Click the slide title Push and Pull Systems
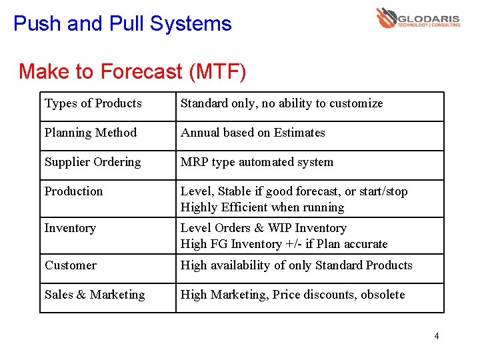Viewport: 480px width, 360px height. [x=123, y=24]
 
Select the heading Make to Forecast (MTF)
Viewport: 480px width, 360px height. [x=132, y=71]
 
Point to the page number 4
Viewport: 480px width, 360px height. [x=436, y=336]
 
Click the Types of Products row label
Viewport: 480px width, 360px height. [x=93, y=103]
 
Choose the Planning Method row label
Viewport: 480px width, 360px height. [x=91, y=133]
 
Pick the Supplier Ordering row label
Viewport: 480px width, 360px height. [x=93, y=162]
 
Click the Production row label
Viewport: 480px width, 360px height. [x=74, y=191]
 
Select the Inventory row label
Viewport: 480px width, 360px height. [x=70, y=228]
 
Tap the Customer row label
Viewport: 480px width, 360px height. [x=71, y=265]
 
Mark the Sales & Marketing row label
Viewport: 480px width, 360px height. [x=95, y=295]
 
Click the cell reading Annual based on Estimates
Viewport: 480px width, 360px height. [x=253, y=133]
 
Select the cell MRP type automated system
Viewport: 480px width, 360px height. [x=257, y=162]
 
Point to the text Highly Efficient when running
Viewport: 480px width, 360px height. [x=262, y=207]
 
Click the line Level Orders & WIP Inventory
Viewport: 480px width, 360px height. [x=263, y=228]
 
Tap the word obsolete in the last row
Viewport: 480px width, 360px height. [x=383, y=295]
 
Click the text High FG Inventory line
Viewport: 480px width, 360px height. [x=284, y=244]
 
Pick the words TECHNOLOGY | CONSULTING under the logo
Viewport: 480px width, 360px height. [x=429, y=25]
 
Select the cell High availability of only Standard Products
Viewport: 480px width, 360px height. [x=296, y=265]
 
